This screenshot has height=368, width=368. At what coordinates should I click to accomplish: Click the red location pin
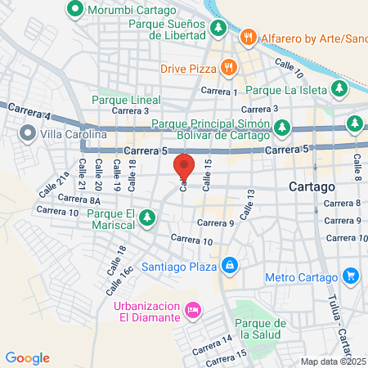tap(184, 167)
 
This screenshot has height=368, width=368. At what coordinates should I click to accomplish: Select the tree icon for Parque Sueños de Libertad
tap(218, 29)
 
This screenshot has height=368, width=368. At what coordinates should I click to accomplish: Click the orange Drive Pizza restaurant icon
tap(230, 69)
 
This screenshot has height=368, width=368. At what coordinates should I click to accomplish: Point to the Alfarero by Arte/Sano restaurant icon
tap(246, 37)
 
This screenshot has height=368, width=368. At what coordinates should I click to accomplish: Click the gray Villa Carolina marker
tap(28, 132)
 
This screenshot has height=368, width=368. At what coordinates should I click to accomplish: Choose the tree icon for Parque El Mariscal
tap(148, 217)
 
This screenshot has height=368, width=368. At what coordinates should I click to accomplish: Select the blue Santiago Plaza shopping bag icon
tap(231, 266)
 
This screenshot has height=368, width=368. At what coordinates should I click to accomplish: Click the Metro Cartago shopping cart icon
tap(350, 276)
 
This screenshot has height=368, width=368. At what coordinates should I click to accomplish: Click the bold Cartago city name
tap(312, 186)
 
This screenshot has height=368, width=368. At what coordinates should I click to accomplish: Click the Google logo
tap(28, 357)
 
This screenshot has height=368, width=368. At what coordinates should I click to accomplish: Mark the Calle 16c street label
tap(127, 279)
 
